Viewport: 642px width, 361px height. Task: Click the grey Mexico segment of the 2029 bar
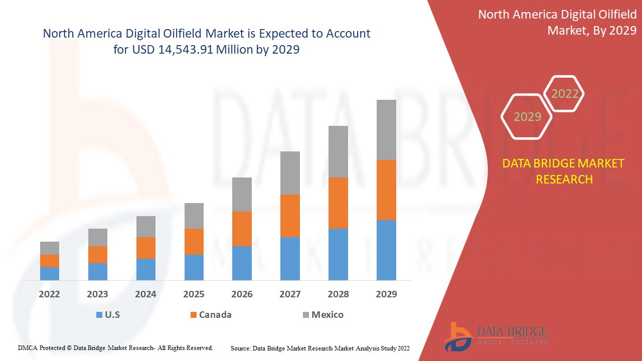click(x=386, y=129)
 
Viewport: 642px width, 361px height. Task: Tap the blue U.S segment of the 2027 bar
click(x=290, y=258)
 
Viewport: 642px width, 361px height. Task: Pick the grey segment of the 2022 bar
click(x=50, y=248)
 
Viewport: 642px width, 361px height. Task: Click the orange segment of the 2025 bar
click(x=194, y=241)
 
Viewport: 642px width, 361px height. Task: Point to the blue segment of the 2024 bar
click(x=146, y=269)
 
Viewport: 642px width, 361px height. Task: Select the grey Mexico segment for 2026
click(x=242, y=194)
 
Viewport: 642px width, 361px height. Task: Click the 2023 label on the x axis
click(x=98, y=294)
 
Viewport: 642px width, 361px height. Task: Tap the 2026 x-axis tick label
click(x=242, y=294)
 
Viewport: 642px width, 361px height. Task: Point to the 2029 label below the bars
click(x=386, y=294)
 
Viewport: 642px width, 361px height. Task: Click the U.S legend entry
click(x=108, y=315)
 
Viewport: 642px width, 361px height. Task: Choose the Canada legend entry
click(x=211, y=315)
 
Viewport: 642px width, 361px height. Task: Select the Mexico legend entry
click(x=323, y=315)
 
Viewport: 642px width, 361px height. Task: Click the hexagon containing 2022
click(x=565, y=94)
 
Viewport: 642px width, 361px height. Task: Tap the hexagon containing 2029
click(x=527, y=117)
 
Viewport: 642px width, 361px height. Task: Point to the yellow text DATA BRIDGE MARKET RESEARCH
click(x=563, y=171)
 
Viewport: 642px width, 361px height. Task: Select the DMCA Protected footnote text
click(x=115, y=347)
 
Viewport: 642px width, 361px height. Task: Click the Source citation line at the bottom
click(x=320, y=348)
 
